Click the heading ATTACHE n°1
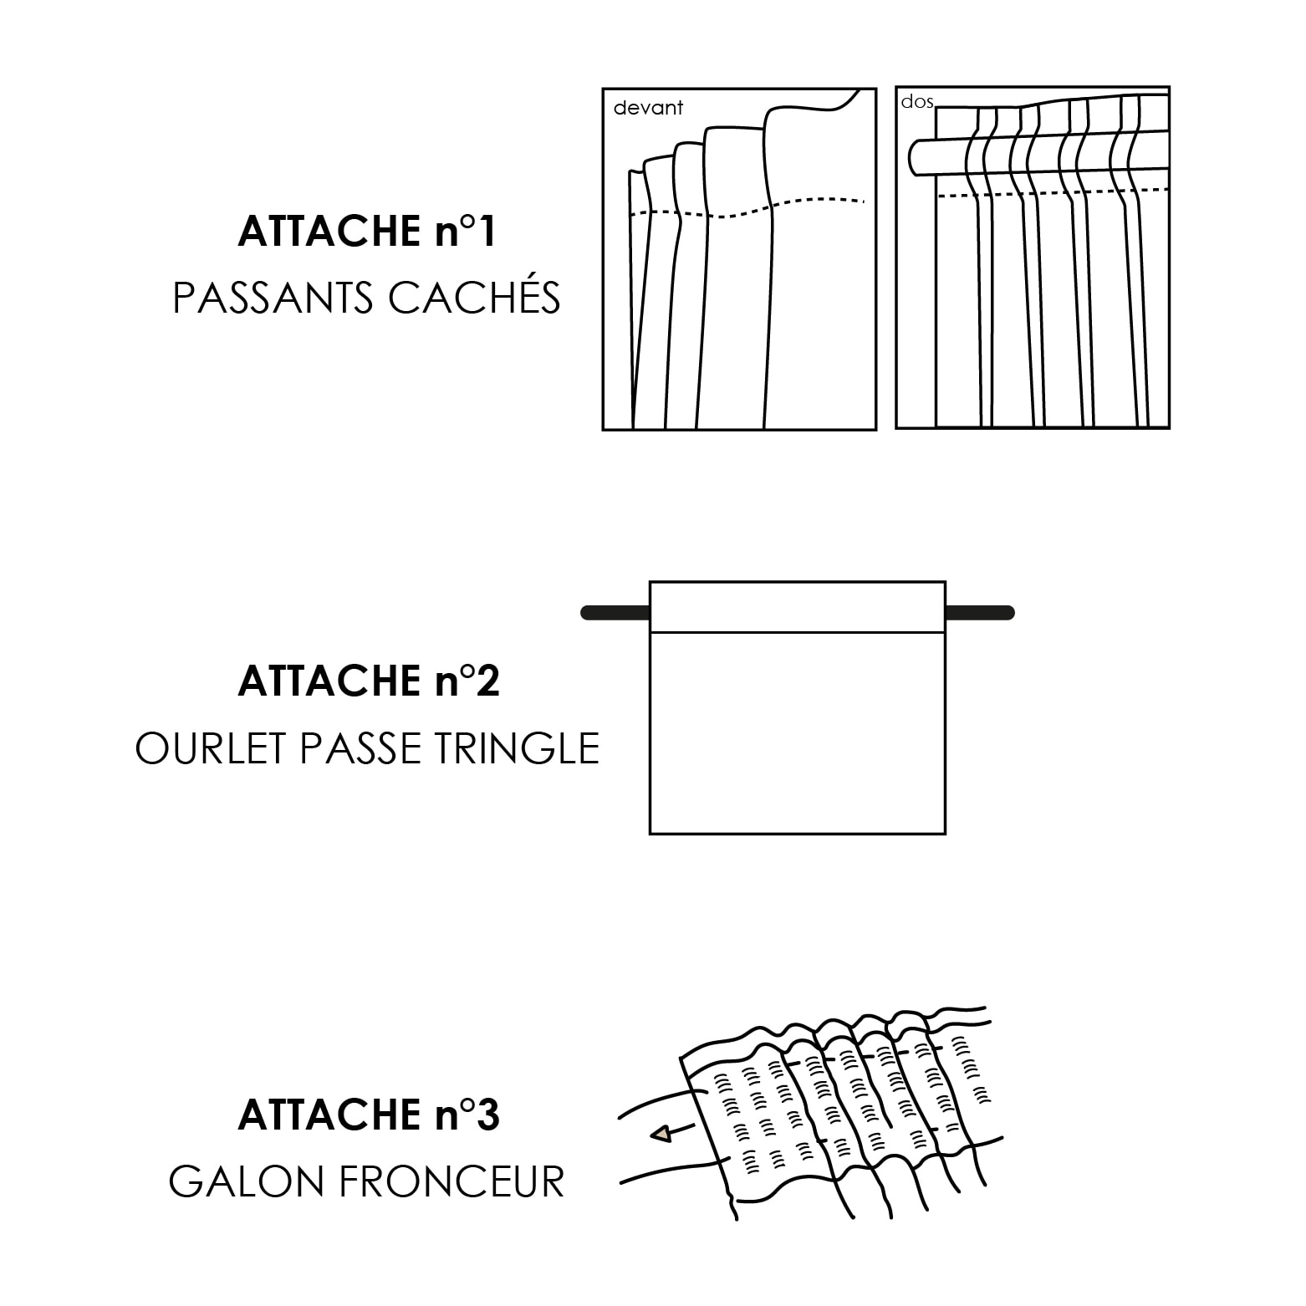367,232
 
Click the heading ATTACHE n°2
369,681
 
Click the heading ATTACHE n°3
369,1115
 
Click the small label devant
648,108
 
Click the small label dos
916,102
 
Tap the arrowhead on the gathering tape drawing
661,1134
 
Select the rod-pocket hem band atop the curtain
797,607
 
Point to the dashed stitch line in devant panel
744,211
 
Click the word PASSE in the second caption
363,748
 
